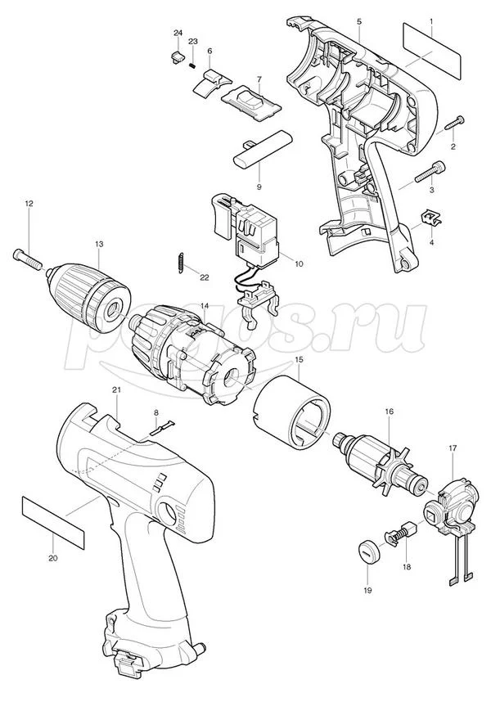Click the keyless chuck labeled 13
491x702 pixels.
click(x=88, y=297)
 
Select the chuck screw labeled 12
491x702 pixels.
click(x=27, y=258)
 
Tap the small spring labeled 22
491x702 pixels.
click(x=179, y=262)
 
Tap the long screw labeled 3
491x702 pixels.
click(x=430, y=172)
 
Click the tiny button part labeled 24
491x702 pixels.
click(x=177, y=57)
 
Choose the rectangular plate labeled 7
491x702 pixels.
click(x=252, y=98)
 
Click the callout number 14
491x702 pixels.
click(x=205, y=306)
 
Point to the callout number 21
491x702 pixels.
click(x=116, y=389)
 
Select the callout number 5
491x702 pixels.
click(x=359, y=21)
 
